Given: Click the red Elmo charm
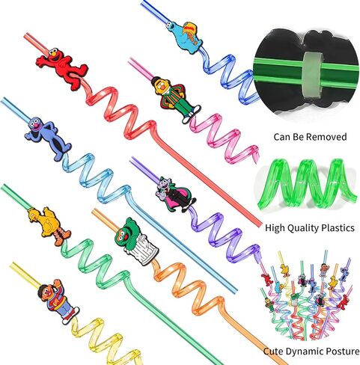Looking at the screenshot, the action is coord(62,68).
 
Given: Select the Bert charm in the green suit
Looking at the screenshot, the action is coord(174,99).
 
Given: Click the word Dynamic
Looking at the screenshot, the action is coord(302,352).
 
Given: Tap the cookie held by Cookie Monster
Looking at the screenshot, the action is coord(192,31).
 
